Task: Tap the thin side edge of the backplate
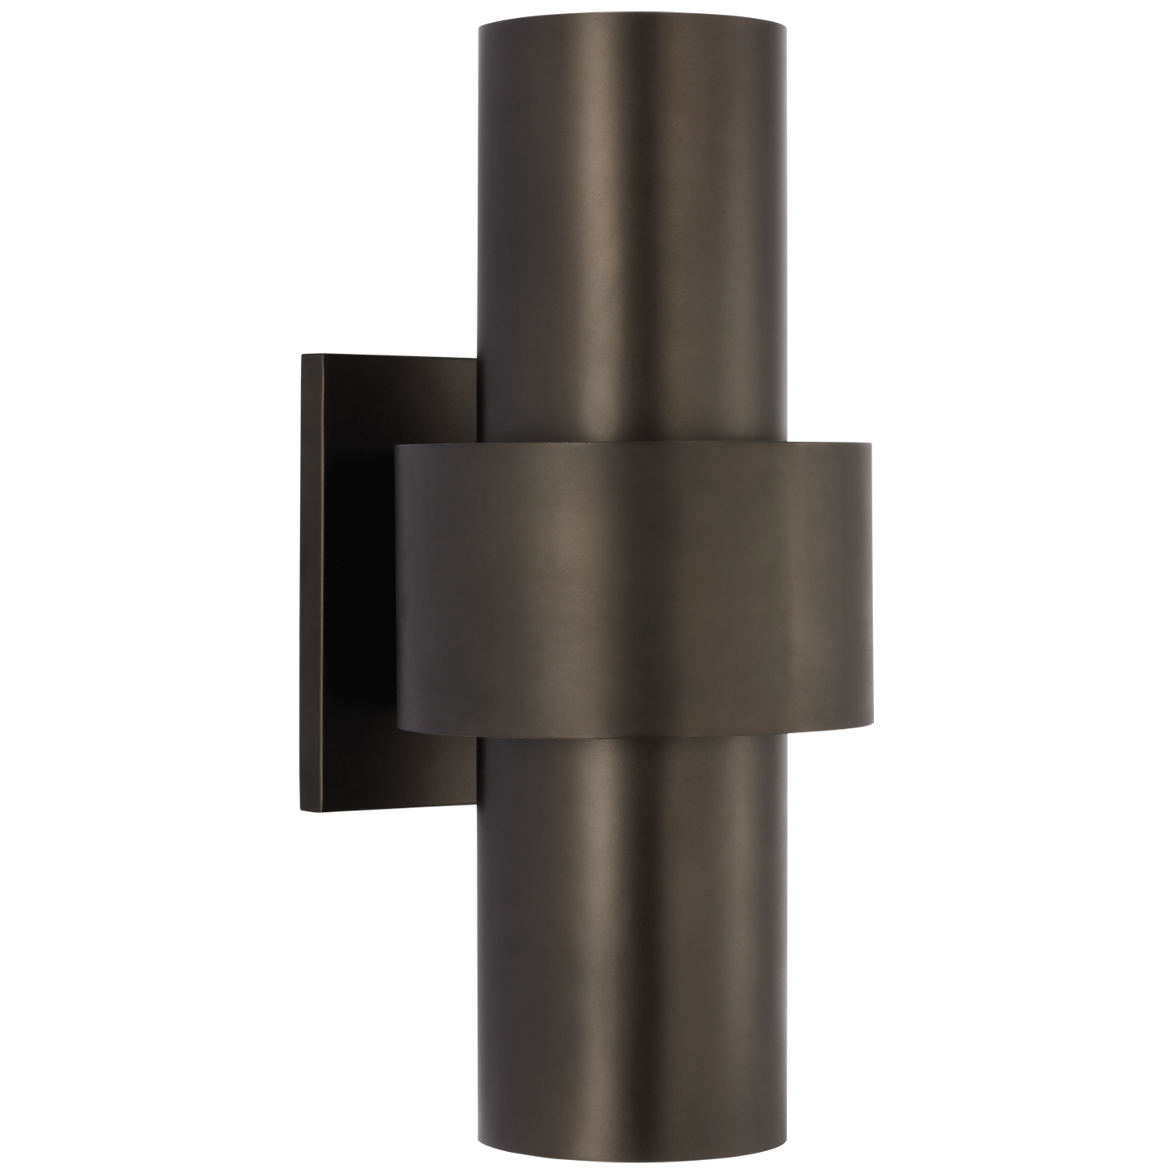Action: (328, 587)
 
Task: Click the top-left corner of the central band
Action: (397, 447)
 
